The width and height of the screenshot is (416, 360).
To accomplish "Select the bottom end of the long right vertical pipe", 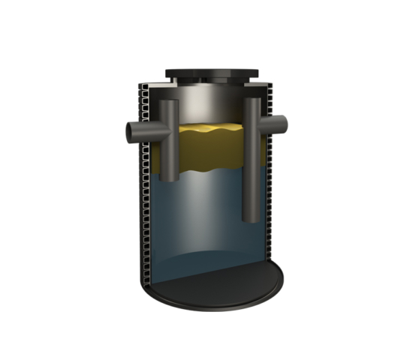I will (252, 218).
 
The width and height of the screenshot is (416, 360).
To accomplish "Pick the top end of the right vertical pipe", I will (252, 100).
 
